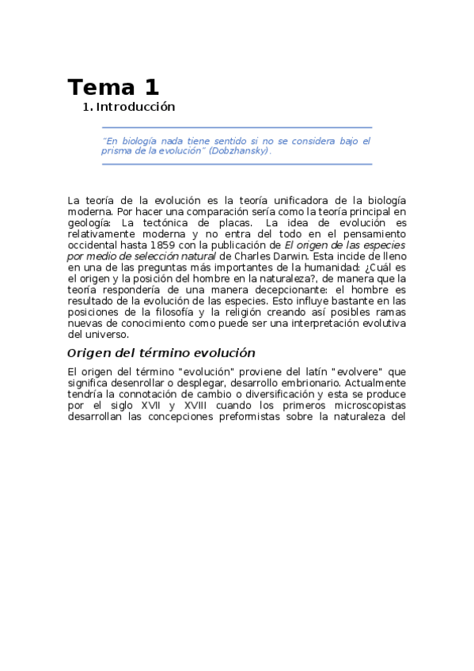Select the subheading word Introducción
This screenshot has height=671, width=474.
pos(135,107)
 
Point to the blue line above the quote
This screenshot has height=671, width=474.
pos(237,127)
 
